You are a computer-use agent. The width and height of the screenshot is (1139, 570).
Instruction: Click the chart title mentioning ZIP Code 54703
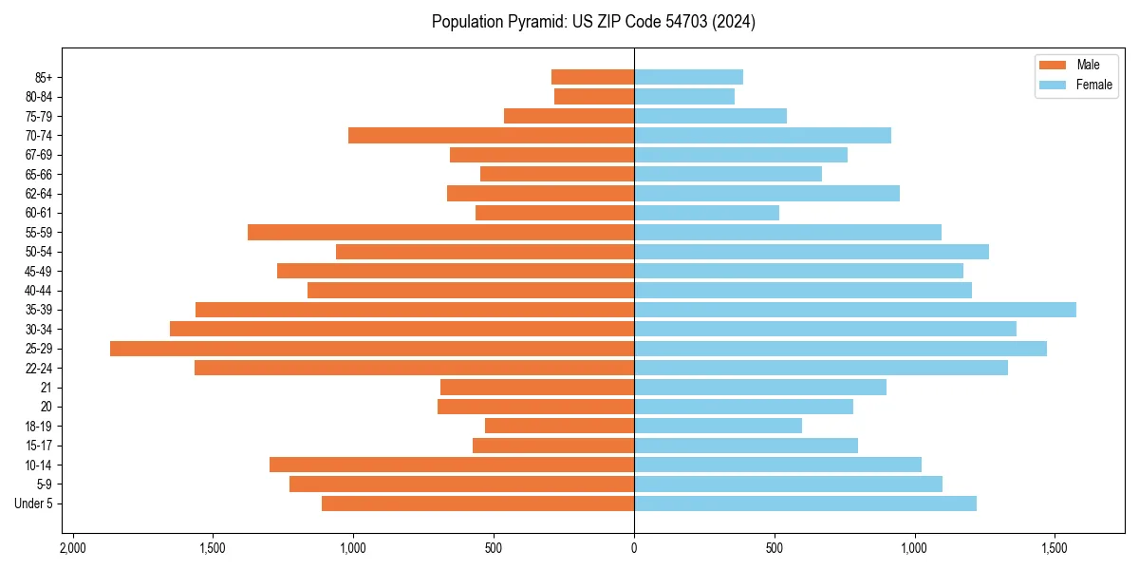593,22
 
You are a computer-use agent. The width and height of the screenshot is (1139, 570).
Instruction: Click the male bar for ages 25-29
372,349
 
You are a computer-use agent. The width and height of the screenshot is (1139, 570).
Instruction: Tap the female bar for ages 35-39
854,310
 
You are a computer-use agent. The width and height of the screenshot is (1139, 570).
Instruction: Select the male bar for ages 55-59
440,232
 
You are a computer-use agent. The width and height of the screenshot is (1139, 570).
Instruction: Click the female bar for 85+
688,77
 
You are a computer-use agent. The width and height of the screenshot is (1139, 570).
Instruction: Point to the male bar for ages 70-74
491,135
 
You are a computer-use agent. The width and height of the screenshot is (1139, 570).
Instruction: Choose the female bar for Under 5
805,503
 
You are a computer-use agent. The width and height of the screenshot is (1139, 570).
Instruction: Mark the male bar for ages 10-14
452,465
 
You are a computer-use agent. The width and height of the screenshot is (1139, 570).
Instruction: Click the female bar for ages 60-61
706,213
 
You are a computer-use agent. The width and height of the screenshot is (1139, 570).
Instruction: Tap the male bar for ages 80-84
594,96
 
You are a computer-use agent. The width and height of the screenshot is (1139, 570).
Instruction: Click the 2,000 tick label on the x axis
72,549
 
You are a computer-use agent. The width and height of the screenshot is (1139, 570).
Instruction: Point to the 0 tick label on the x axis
634,549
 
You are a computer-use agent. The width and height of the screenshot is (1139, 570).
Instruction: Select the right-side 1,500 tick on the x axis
1055,549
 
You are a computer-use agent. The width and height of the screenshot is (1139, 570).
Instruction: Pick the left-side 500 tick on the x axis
494,549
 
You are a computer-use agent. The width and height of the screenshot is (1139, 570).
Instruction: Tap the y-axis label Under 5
34,503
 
